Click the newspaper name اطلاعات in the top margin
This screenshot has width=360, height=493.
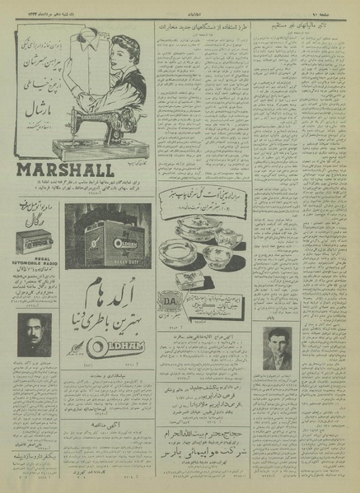(x=180, y=6)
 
